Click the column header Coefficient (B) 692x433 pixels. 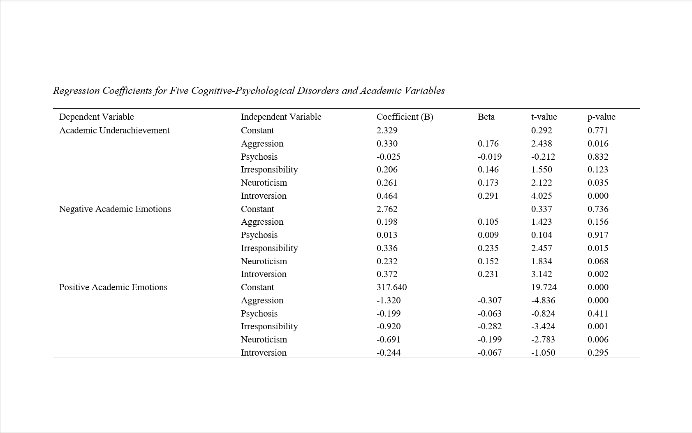click(405, 117)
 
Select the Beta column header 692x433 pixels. click(486, 117)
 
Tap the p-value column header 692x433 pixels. click(601, 117)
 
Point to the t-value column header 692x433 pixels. click(544, 117)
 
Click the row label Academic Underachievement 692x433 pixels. click(114, 130)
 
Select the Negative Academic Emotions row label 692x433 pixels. click(115, 209)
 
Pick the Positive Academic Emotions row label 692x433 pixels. click(113, 287)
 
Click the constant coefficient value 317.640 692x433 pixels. click(391, 287)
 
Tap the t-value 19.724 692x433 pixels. click(544, 287)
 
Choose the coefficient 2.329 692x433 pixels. click(387, 130)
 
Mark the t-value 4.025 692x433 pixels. click(542, 196)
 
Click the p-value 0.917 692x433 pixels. click(598, 235)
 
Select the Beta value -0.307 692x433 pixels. click(489, 300)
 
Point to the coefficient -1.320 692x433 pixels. click(389, 300)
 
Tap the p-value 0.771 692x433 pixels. click(598, 130)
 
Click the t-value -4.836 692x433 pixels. click(543, 300)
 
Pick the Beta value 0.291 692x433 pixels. click(488, 196)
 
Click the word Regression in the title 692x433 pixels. click(76, 91)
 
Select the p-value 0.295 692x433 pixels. click(598, 353)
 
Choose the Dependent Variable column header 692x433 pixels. click(97, 117)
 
